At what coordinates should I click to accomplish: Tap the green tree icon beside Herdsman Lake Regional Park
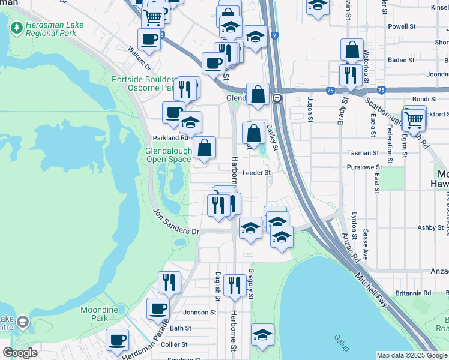16,28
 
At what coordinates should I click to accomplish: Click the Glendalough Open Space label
169,155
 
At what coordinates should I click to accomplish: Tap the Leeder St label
257,172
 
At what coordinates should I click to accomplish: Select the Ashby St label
430,228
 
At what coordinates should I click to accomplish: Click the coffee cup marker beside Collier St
117,340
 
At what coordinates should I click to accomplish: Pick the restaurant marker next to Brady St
348,75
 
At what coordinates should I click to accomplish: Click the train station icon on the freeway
277,98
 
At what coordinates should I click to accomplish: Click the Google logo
20,353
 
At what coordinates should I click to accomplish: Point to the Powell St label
402,26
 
